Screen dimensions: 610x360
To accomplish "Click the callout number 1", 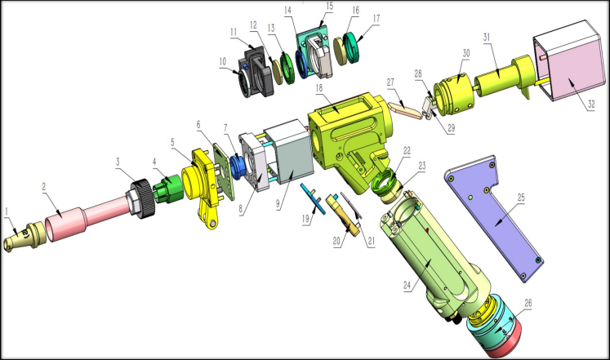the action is pos(7,211).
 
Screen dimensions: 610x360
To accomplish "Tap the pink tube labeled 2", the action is pos(88,219).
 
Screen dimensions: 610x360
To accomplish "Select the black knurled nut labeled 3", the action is pos(141,198).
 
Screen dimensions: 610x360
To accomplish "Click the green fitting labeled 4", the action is pos(168,189).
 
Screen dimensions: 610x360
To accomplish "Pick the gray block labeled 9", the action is pos(289,155).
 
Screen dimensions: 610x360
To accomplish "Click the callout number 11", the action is pos(234,32).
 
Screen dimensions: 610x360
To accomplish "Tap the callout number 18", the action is pos(319,88).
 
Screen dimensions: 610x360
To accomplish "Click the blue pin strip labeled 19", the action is pos(314,198).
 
